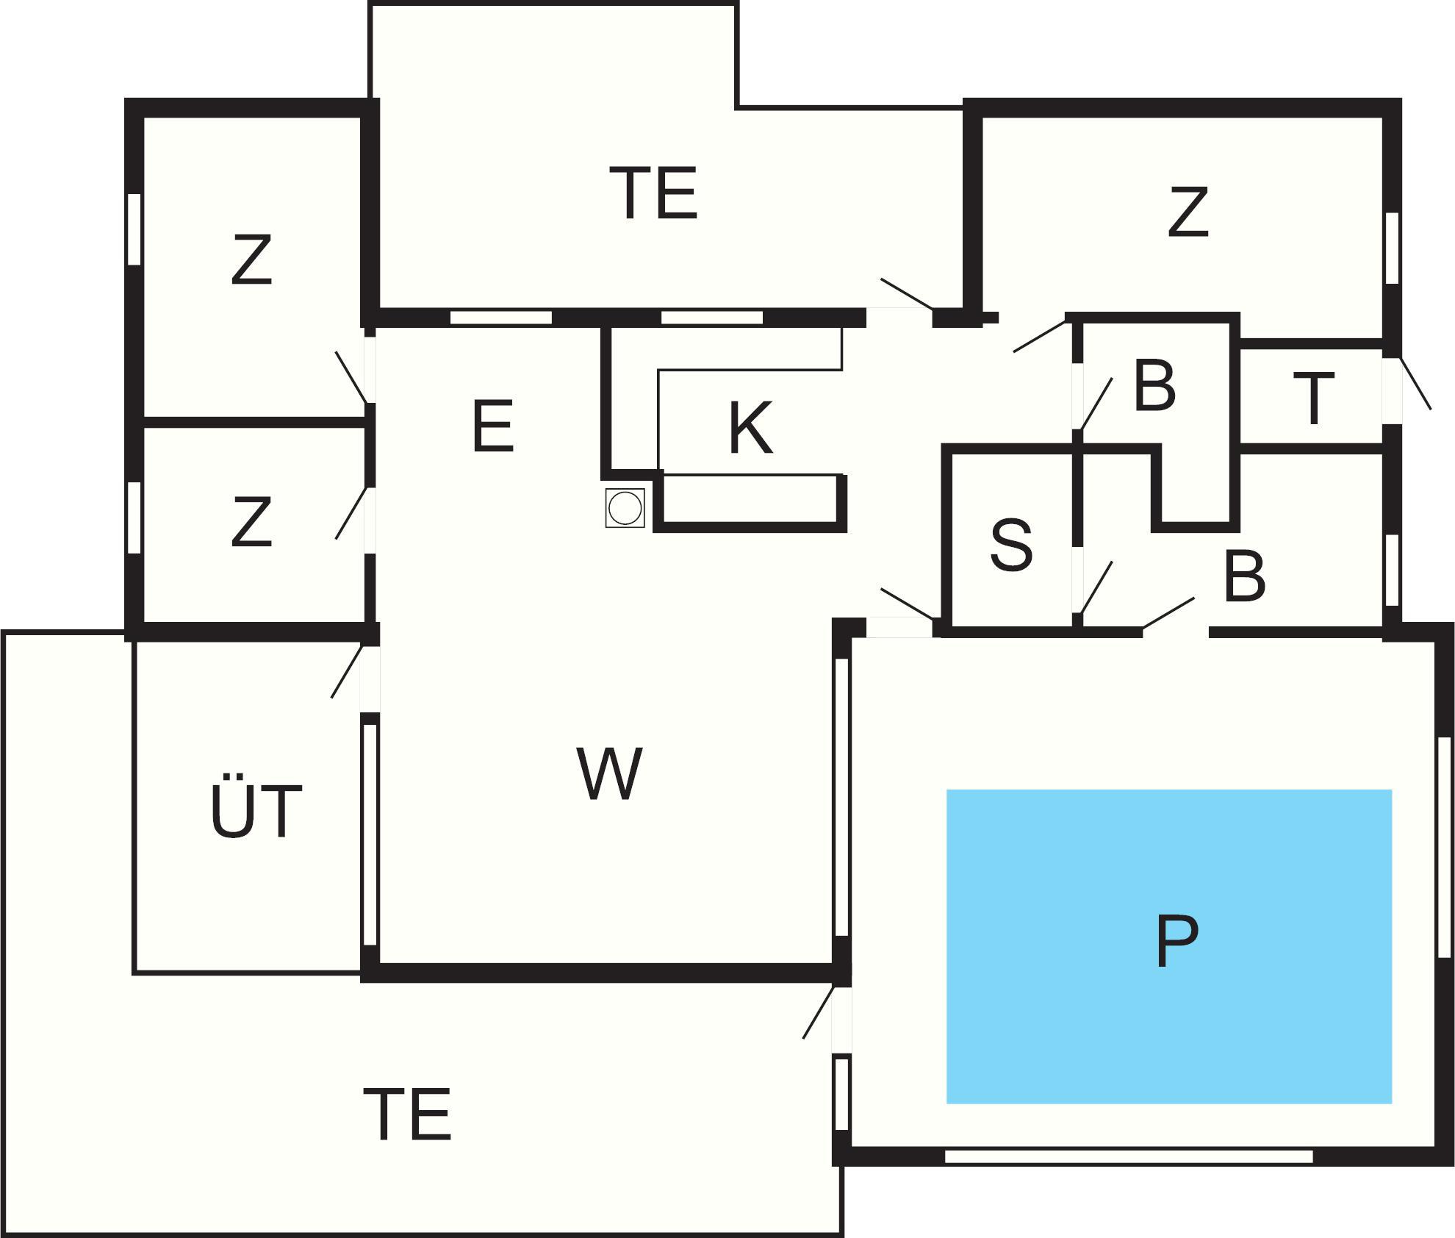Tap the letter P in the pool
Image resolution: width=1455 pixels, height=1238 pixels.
pyautogui.click(x=1176, y=942)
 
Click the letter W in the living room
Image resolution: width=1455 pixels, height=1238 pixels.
pyautogui.click(x=609, y=773)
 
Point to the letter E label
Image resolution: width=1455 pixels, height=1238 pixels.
pyautogui.click(x=492, y=427)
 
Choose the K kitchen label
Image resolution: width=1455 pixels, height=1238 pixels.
pyautogui.click(x=750, y=428)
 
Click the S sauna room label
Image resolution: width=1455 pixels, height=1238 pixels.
pyautogui.click(x=1011, y=545)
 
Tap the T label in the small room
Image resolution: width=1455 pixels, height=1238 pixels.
pyautogui.click(x=1314, y=399)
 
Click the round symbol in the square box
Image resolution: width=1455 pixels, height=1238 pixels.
pyautogui.click(x=625, y=508)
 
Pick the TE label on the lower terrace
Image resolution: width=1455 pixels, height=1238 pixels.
pyautogui.click(x=407, y=1114)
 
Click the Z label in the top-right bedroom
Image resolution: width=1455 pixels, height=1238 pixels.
pyautogui.click(x=1188, y=212)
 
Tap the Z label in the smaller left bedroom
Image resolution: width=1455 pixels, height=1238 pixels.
pyautogui.click(x=251, y=522)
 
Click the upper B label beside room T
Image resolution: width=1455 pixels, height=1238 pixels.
pyautogui.click(x=1154, y=385)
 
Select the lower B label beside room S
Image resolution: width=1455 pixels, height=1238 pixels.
pyautogui.click(x=1245, y=576)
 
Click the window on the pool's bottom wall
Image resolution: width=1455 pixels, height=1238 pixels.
pyautogui.click(x=1128, y=1156)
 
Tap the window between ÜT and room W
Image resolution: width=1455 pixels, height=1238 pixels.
pyautogui.click(x=370, y=834)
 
